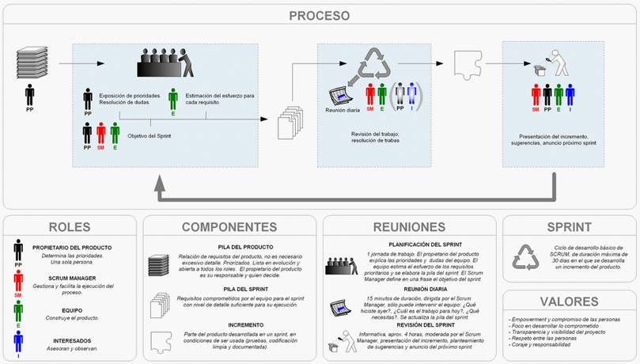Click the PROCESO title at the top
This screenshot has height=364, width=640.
320,16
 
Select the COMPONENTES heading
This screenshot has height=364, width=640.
229,227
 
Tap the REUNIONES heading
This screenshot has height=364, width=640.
409,227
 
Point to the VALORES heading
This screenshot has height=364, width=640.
569,301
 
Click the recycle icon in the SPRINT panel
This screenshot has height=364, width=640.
525,256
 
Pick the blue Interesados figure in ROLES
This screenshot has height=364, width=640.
18,342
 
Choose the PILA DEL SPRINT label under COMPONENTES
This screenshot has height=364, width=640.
229,290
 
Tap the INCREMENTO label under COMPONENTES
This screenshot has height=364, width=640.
229,324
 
